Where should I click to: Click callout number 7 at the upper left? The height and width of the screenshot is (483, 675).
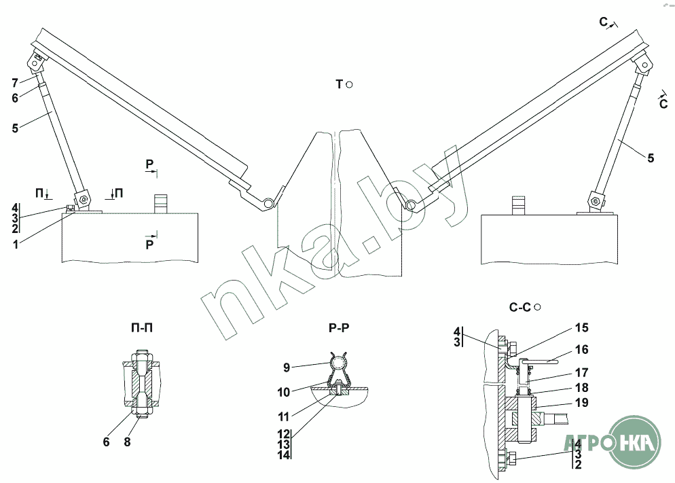click(x=14, y=83)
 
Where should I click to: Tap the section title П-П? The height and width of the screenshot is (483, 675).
click(x=141, y=327)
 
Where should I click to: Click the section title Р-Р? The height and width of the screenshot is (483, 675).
click(x=337, y=327)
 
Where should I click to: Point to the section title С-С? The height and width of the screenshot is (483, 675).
click(x=519, y=307)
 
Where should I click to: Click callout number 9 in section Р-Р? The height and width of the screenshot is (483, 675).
click(x=286, y=368)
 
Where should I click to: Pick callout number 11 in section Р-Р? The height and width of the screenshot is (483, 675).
click(x=284, y=415)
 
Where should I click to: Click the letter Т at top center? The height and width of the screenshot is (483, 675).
click(x=338, y=84)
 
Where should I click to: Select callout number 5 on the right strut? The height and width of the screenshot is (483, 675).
click(x=651, y=158)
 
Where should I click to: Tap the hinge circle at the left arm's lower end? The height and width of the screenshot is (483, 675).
click(x=270, y=202)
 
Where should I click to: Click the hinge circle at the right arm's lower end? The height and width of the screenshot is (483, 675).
click(x=411, y=203)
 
